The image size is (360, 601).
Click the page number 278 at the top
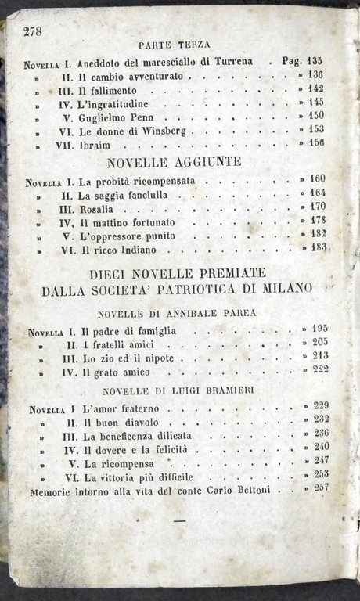[x=34, y=31]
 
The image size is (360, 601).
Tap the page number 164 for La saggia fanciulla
[x=318, y=193]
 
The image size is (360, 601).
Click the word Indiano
[x=139, y=250]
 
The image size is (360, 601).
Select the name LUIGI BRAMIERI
[x=205, y=390]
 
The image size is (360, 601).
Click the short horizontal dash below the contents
[x=180, y=519]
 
